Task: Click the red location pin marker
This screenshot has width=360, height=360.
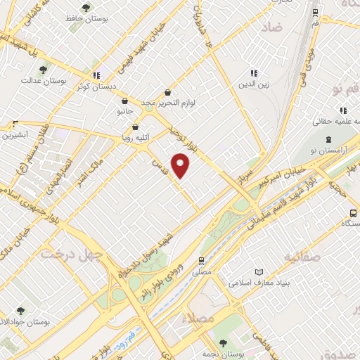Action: point(181,165)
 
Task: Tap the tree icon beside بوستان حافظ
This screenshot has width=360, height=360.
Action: point(86,8)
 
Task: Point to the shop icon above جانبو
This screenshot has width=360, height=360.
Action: point(124,101)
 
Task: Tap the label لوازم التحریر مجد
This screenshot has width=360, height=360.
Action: point(167,103)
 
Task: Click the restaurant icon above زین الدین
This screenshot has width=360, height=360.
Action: point(255,73)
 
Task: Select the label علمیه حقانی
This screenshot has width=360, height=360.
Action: point(333,122)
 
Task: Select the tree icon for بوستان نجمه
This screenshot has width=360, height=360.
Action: point(223,343)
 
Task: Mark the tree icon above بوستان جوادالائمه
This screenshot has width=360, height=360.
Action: point(21,311)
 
